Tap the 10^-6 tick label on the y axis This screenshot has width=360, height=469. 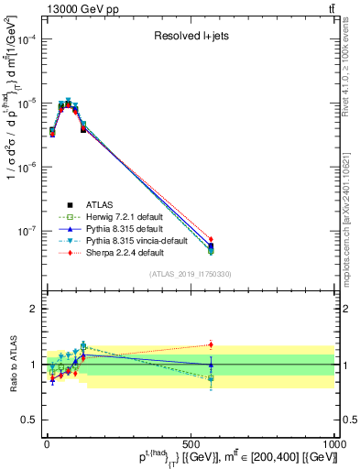[x=25, y=168]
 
